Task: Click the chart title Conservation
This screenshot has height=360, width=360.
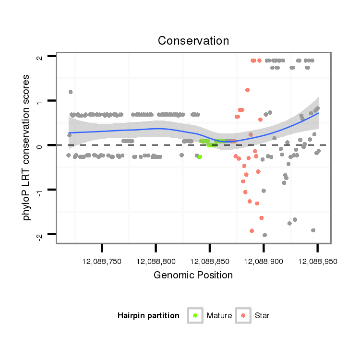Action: pyautogui.click(x=193, y=41)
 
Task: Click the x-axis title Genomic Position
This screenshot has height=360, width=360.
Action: pyautogui.click(x=193, y=276)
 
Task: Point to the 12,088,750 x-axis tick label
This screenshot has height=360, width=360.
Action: pyautogui.click(x=102, y=262)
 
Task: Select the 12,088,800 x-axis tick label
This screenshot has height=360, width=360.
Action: pyautogui.click(x=156, y=262)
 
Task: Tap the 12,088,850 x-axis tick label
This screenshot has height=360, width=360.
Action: pyautogui.click(x=209, y=262)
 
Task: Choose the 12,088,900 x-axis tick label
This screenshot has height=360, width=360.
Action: pyautogui.click(x=263, y=262)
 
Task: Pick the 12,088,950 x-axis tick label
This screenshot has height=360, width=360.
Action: pyautogui.click(x=317, y=262)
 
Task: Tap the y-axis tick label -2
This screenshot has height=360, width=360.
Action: pyautogui.click(x=40, y=235)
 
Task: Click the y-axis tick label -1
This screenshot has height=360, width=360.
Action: pyautogui.click(x=40, y=191)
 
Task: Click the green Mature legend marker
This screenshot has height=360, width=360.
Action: pyautogui.click(x=195, y=315)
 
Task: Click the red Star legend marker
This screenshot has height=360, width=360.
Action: pyautogui.click(x=243, y=315)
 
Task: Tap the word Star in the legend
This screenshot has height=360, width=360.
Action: pyautogui.click(x=262, y=315)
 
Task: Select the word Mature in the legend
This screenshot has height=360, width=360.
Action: pyautogui.click(x=219, y=315)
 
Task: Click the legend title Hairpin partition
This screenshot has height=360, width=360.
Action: pyautogui.click(x=148, y=315)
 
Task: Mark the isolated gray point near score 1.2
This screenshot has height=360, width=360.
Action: pyautogui.click(x=71, y=92)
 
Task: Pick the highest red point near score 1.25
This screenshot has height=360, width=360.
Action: pyautogui.click(x=248, y=90)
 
